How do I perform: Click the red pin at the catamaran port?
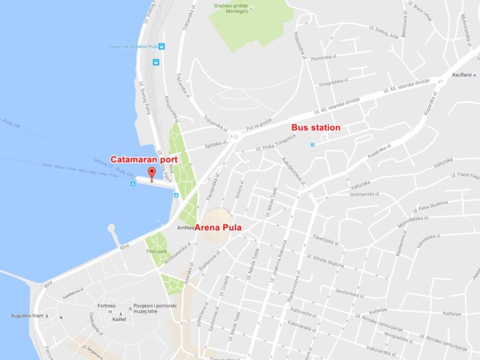[150, 172]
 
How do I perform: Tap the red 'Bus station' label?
[316, 128]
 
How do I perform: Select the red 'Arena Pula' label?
[218, 227]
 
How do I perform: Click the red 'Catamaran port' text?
[144, 159]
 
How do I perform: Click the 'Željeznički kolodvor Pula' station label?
[130, 46]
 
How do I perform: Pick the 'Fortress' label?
[107, 306]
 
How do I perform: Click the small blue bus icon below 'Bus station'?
[312, 145]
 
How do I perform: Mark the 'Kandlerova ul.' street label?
[72, 292]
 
